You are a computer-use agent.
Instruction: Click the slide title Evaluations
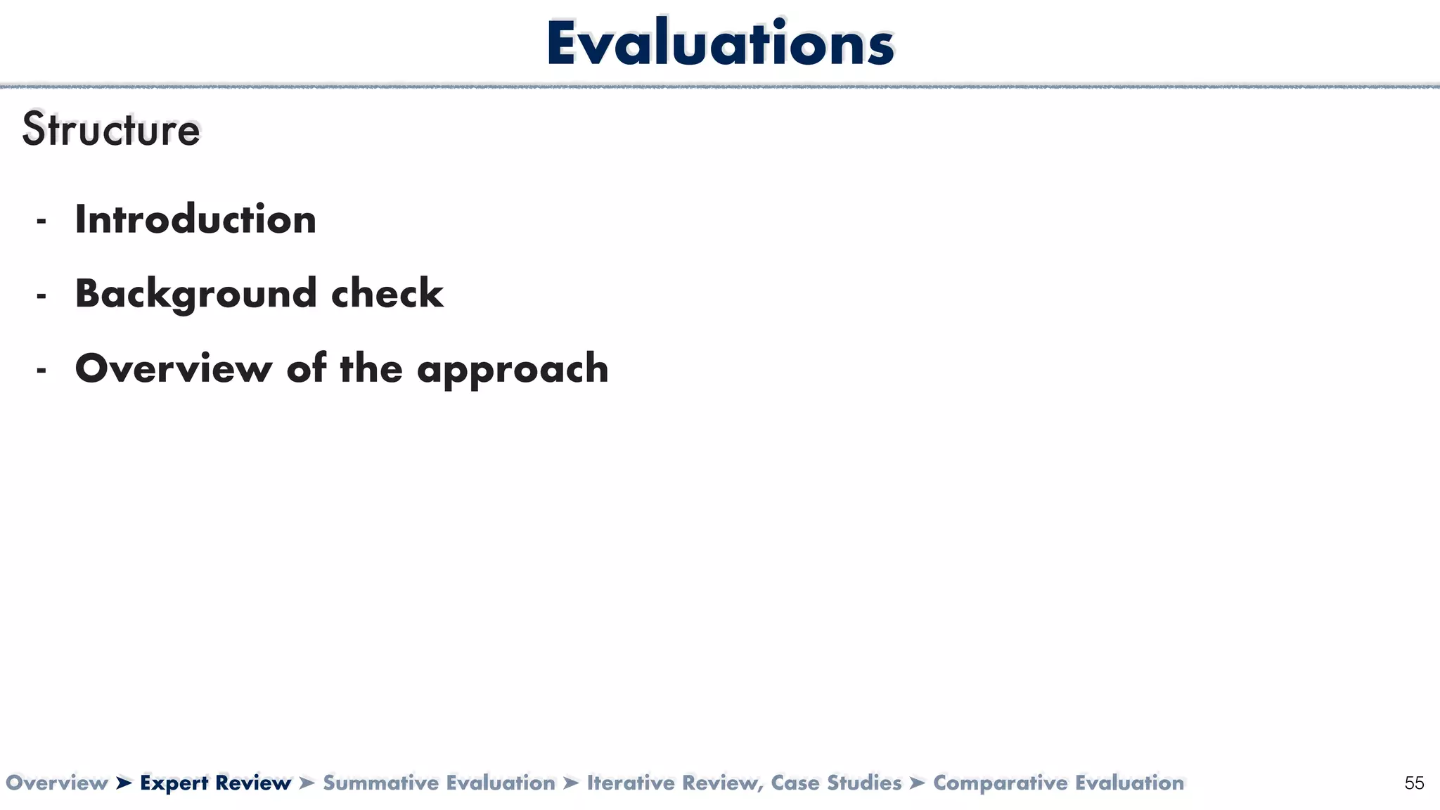720,44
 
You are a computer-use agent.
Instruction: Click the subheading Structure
111,130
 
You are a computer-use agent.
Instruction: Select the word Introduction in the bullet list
195,219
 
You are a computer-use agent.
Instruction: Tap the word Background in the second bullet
195,294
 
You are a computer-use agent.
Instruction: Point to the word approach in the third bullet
513,369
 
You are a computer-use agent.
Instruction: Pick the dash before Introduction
41,221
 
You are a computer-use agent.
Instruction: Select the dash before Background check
41,296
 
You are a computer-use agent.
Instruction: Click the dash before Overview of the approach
41,371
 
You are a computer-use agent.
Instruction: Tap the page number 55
1414,783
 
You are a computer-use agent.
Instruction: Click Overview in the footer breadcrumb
56,783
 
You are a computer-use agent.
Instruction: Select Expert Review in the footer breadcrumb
215,783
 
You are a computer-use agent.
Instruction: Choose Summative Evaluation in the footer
439,783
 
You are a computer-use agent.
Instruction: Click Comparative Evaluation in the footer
1058,783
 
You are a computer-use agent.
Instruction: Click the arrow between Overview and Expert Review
124,783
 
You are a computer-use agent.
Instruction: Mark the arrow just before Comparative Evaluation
917,783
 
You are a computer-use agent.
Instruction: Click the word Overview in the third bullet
173,368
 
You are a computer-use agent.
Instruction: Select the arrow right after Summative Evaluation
571,783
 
